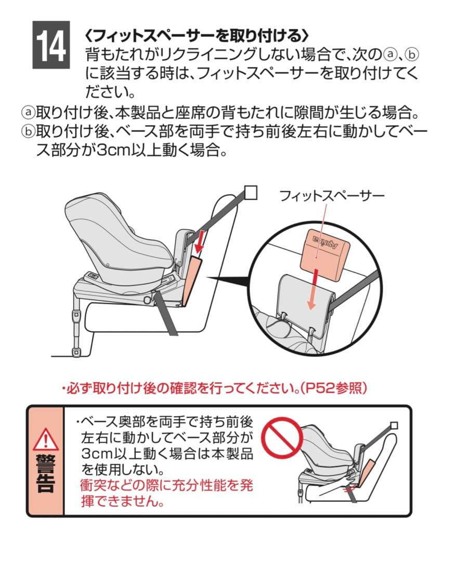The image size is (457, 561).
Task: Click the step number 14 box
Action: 51,45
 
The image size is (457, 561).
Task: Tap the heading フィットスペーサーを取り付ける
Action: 197,35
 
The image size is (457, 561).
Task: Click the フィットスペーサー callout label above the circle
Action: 331,196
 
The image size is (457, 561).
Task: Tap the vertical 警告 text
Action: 46,474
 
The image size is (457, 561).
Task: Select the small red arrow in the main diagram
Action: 199,241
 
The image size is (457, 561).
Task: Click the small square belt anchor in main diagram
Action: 251,193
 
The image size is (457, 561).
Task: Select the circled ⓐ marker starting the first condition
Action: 28,113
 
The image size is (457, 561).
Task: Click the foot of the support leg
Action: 75,352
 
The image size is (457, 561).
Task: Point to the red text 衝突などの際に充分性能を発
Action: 167,486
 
